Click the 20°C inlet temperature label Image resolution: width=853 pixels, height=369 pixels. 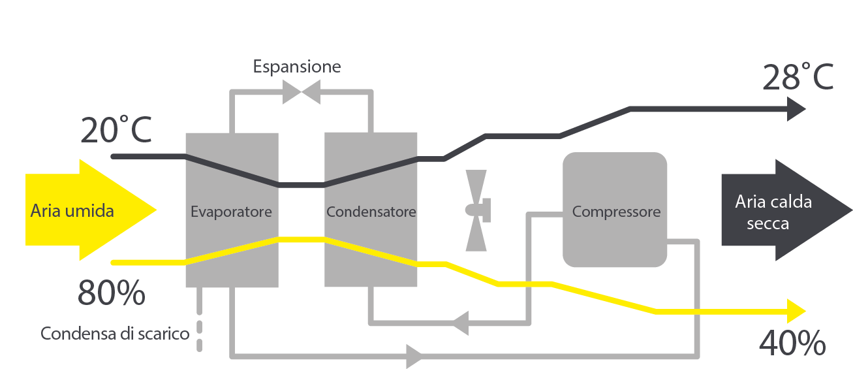click(116, 131)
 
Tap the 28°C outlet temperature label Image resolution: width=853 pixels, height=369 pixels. click(798, 76)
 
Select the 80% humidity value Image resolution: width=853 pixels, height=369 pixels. click(111, 293)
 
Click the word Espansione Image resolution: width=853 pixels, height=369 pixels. click(297, 67)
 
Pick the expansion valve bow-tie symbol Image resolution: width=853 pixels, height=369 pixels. click(301, 92)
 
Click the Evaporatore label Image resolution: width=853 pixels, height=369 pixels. click(231, 212)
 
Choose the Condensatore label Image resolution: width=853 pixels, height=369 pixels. click(371, 212)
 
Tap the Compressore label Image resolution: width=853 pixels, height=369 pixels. click(616, 212)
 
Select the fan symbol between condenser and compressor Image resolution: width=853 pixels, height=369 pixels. click(476, 210)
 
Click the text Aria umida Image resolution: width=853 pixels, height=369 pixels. click(72, 211)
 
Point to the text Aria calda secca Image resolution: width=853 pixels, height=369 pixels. click(773, 212)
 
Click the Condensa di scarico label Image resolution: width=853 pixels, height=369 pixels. click(115, 334)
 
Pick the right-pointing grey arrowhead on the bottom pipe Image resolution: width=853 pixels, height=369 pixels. click(415, 357)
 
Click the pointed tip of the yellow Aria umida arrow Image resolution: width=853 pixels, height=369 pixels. click(157, 210)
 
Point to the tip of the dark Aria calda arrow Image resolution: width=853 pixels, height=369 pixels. click(851, 210)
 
